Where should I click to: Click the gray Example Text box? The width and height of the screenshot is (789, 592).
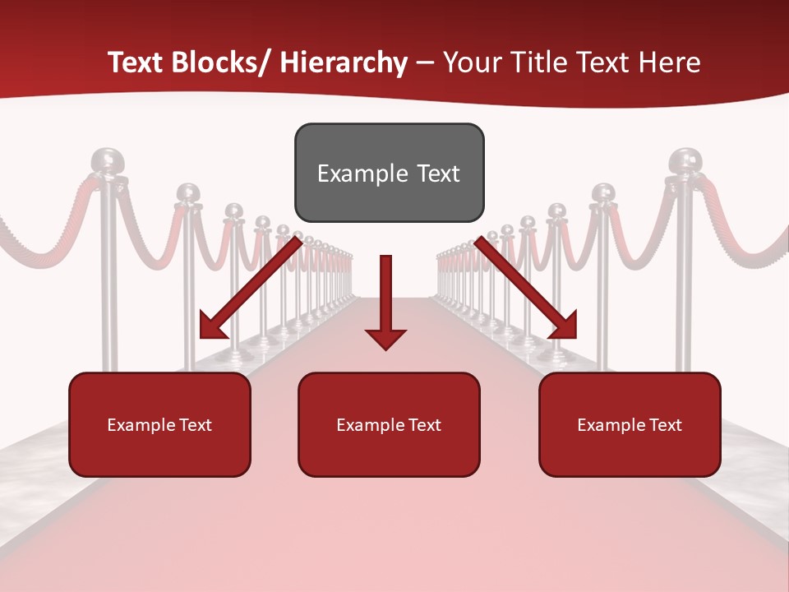(x=389, y=173)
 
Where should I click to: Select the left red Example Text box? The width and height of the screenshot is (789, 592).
(x=159, y=424)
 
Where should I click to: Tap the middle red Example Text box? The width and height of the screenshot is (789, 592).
(x=389, y=424)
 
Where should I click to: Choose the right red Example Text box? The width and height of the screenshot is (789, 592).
(x=630, y=424)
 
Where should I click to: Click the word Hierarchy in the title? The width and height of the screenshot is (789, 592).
(x=344, y=62)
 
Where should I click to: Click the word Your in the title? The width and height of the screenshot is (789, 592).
(x=469, y=62)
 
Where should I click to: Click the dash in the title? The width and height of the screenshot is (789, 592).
(x=425, y=62)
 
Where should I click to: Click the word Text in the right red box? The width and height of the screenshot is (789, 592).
(x=664, y=424)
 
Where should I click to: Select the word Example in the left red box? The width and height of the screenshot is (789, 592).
(x=141, y=424)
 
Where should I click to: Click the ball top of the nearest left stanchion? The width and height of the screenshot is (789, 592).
(x=105, y=160)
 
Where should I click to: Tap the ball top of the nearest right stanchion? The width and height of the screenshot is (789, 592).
(x=684, y=160)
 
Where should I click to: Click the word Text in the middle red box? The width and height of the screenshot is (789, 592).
(x=424, y=424)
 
